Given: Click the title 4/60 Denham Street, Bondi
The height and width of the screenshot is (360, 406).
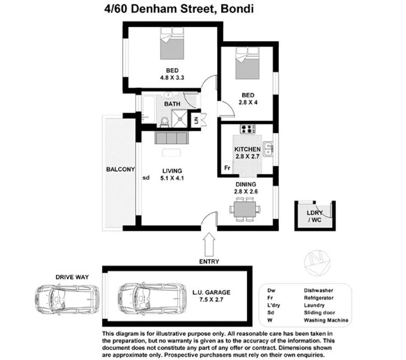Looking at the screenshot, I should pos(176,9).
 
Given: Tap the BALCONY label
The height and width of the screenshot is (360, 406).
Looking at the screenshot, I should pos(120,169).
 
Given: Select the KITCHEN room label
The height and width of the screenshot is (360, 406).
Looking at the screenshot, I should pos(247,149).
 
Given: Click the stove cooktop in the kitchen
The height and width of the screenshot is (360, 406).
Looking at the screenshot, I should pos(247,129).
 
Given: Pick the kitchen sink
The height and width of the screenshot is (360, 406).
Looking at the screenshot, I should pos(268,147).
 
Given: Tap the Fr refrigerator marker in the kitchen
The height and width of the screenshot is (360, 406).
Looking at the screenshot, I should pos(227,168).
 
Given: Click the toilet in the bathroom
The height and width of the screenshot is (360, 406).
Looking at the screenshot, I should pos(165,121).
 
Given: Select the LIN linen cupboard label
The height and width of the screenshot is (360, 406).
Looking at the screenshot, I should pos(196,120).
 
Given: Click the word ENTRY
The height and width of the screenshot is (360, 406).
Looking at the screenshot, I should pos(209,261).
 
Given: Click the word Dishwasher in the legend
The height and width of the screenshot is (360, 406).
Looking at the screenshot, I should pos(318,291).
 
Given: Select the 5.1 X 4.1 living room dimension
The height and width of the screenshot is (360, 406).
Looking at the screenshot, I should pos(172,178).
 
